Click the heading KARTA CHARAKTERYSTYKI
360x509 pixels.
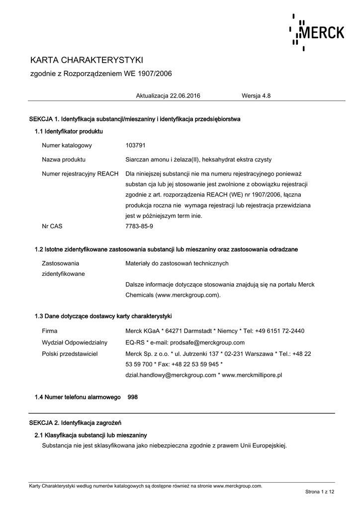coord(87,60)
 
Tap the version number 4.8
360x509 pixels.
coord(267,95)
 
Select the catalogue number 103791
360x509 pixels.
coord(135,145)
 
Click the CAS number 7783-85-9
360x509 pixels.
coord(139,226)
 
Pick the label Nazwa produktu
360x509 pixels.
coord(64,160)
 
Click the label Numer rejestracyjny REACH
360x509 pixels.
coord(80,174)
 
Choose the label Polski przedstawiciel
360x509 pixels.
coord(70,353)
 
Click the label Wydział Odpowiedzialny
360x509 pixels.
coord(75,342)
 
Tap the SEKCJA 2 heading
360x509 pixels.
coord(76,423)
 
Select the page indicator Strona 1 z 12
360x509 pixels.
coord(320,492)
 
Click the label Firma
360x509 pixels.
coord(50,331)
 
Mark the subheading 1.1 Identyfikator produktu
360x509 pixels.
coord(69,131)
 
